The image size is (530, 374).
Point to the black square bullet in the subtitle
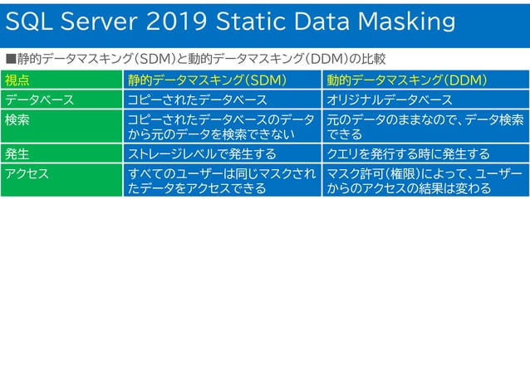(11, 60)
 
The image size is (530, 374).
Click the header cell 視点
(17, 80)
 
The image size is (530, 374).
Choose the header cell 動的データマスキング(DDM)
(406, 80)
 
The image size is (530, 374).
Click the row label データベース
(40, 100)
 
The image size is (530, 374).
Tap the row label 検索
(17, 119)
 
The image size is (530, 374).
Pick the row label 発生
(17, 153)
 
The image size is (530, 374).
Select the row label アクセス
(27, 173)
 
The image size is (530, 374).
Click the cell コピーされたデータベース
(197, 100)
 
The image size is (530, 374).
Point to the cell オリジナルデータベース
(390, 100)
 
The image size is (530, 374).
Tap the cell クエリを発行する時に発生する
(408, 153)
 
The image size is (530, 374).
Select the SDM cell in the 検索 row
(221, 127)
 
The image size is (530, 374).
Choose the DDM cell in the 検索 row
(424, 127)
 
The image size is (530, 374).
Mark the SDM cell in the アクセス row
(221, 181)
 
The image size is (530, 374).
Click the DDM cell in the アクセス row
(424, 181)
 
